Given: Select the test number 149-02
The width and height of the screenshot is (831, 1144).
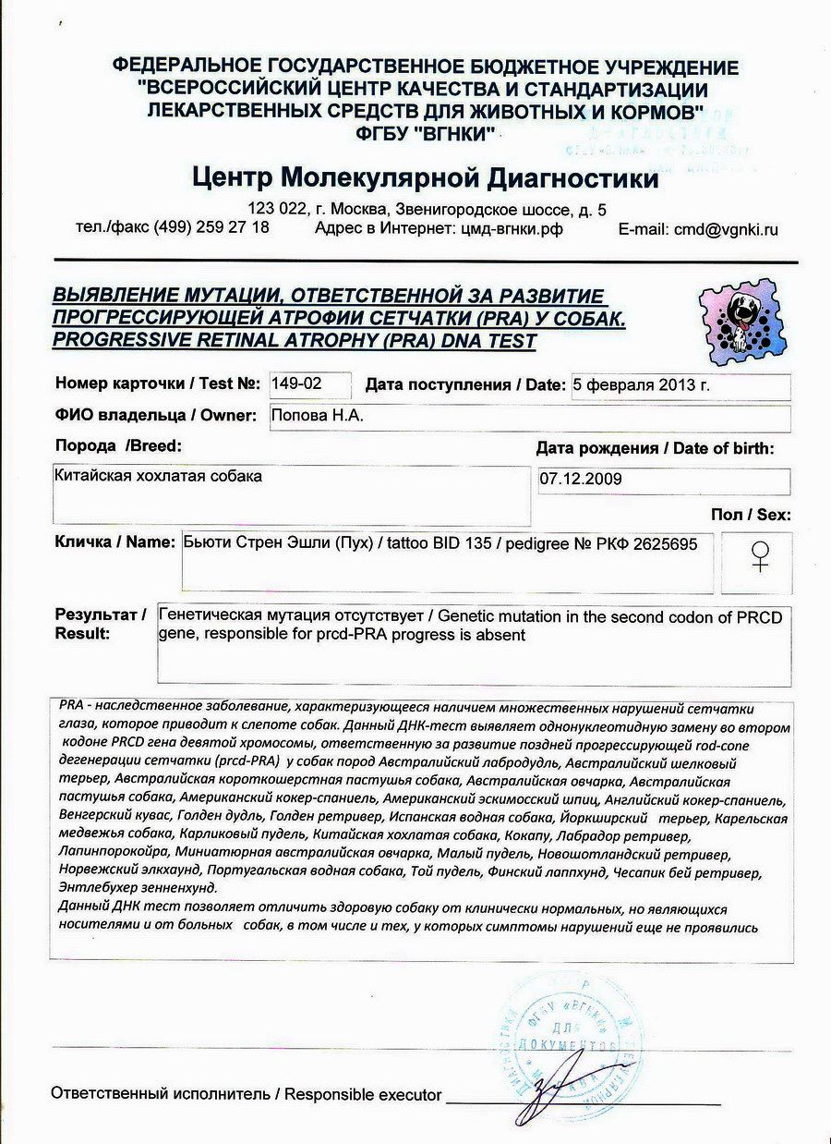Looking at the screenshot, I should [x=292, y=383].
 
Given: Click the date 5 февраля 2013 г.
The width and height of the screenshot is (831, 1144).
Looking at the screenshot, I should [x=641, y=385].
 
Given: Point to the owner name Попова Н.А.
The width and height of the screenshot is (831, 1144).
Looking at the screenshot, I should [x=317, y=416].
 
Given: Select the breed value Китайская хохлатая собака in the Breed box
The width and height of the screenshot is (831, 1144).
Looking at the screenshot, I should [x=159, y=477].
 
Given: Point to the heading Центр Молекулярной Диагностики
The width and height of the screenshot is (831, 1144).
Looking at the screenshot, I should [x=426, y=177].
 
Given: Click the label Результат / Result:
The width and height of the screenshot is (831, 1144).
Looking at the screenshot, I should [x=100, y=623].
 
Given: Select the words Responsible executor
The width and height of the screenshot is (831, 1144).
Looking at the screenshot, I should [x=363, y=1095].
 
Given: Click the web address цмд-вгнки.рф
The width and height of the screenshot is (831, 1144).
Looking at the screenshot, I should [x=511, y=228].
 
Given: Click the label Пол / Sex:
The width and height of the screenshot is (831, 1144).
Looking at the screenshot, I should [x=751, y=515].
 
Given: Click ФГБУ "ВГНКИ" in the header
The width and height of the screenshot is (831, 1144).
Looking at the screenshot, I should [x=424, y=132].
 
